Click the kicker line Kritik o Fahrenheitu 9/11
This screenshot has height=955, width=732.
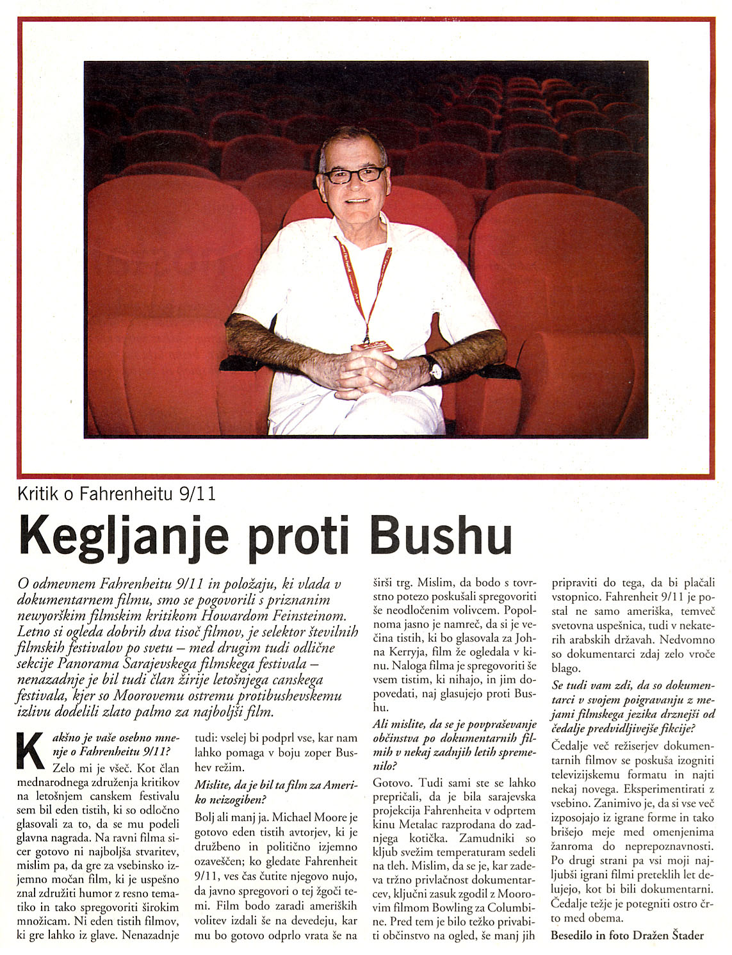pyautogui.click(x=117, y=494)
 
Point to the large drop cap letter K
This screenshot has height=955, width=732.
pyautogui.click(x=31, y=750)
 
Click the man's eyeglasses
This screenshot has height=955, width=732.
pyautogui.click(x=354, y=174)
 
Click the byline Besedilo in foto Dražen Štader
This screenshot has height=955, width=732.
pyautogui.click(x=627, y=935)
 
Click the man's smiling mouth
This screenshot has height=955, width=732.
pyautogui.click(x=357, y=200)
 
